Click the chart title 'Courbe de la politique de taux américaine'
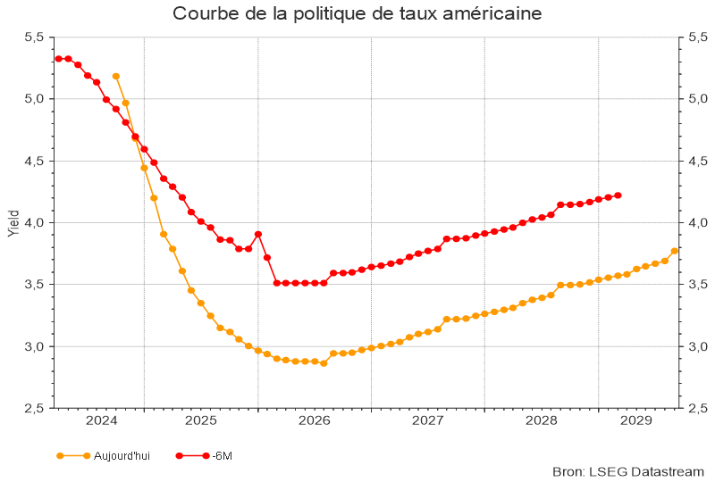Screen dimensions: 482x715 point(357,14)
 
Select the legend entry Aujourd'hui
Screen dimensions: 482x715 point(122,456)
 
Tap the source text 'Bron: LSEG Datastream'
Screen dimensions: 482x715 point(629,471)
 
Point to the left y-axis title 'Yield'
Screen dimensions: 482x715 point(13,222)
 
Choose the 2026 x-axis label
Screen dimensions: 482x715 point(315,420)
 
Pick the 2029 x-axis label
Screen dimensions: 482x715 point(635,420)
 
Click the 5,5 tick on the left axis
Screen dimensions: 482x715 point(33,37)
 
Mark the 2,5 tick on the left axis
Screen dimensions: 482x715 point(33,408)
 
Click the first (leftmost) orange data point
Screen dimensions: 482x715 point(116,77)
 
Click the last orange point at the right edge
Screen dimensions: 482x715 point(675,251)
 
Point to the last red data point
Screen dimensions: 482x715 point(618,195)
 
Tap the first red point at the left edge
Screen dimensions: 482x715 point(58,59)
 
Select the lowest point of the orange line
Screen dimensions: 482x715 point(324,363)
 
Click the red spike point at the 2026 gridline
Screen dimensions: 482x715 point(258,234)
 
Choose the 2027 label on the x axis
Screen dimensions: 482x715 point(428,420)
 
